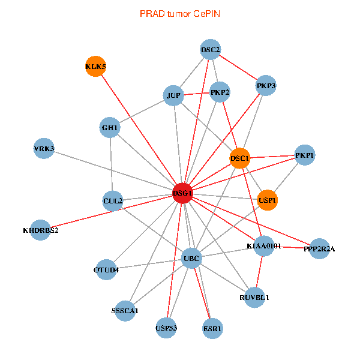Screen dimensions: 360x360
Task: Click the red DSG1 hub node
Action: pyautogui.click(x=182, y=193)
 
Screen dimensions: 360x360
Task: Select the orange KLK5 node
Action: pyautogui.click(x=96, y=66)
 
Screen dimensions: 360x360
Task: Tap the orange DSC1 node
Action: pyautogui.click(x=240, y=158)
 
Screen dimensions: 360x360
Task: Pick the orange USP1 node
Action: pyautogui.click(x=268, y=199)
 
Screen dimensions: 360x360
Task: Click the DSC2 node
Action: pyautogui.click(x=211, y=50)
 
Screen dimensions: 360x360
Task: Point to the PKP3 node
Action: pyautogui.click(x=266, y=86)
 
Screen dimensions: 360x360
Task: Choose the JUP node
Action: pyautogui.click(x=173, y=95)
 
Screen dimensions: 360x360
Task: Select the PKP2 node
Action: pyautogui.click(x=220, y=92)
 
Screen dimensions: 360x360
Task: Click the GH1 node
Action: pyautogui.click(x=111, y=128)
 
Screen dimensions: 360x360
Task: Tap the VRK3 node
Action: pyautogui.click(x=44, y=149)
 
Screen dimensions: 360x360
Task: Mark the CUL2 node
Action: pyautogui.click(x=113, y=200)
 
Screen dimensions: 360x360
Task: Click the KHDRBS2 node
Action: pyautogui.click(x=40, y=230)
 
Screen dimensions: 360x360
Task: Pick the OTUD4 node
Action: pyautogui.click(x=107, y=269)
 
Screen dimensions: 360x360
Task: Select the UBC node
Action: pyautogui.click(x=191, y=259)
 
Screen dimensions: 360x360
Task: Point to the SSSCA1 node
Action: pyautogui.click(x=125, y=311)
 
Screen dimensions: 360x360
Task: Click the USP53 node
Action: pyautogui.click(x=166, y=328)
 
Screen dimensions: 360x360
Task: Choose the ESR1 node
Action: pyautogui.click(x=212, y=329)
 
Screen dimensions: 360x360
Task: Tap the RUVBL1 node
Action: pyautogui.click(x=254, y=297)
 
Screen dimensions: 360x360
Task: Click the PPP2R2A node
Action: pyautogui.click(x=319, y=248)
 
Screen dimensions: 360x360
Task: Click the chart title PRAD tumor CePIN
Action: pyautogui.click(x=179, y=13)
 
